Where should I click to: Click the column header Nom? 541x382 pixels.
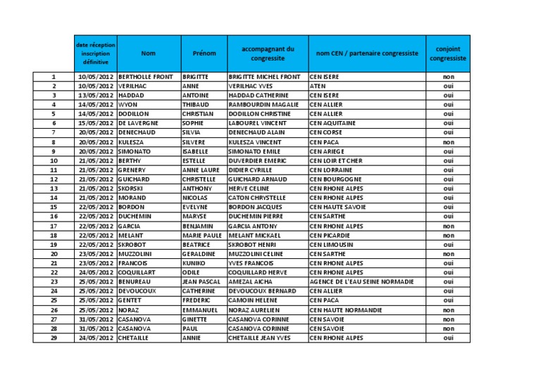click(148, 53)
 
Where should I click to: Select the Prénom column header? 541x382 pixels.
click(204, 53)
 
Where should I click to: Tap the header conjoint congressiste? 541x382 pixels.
click(449, 53)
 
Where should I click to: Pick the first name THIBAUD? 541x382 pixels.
click(196, 104)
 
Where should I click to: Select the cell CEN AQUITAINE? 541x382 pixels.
click(332, 123)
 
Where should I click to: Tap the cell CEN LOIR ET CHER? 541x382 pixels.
click(336, 160)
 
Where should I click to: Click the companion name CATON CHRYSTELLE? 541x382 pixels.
click(257, 198)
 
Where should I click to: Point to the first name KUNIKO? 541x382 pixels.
click(194, 263)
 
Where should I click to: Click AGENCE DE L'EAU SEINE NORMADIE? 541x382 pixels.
click(361, 281)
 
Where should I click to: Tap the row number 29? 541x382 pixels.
click(54, 338)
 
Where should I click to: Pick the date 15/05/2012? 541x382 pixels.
click(96, 123)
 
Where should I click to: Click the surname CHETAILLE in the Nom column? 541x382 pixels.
click(135, 338)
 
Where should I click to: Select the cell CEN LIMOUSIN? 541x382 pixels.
click(331, 244)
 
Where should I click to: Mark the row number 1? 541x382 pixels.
click(54, 77)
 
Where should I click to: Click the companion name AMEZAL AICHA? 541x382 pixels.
click(251, 281)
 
